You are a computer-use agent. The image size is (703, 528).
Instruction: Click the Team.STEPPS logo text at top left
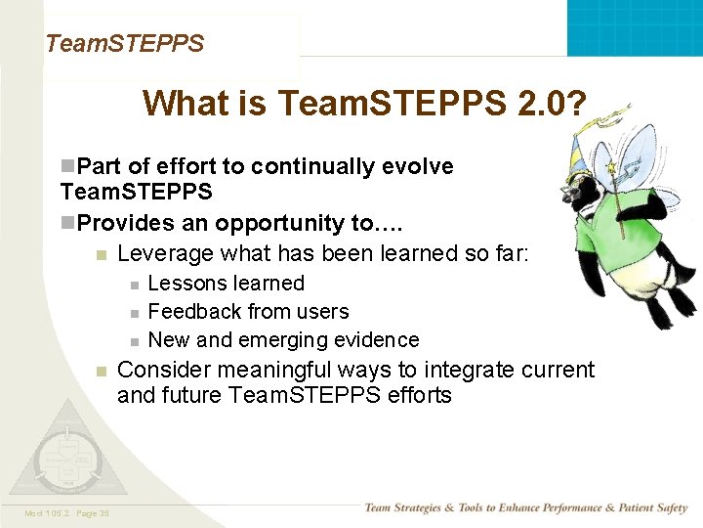(124, 44)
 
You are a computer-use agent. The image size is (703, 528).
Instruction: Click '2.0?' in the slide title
(549, 103)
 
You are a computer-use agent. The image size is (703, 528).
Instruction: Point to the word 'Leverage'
(165, 254)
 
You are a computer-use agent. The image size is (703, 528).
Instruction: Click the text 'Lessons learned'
(226, 284)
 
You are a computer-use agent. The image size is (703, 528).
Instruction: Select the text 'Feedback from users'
(248, 312)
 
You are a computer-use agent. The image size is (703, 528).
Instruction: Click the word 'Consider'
(163, 370)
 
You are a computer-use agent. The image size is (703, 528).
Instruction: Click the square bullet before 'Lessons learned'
(134, 285)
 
